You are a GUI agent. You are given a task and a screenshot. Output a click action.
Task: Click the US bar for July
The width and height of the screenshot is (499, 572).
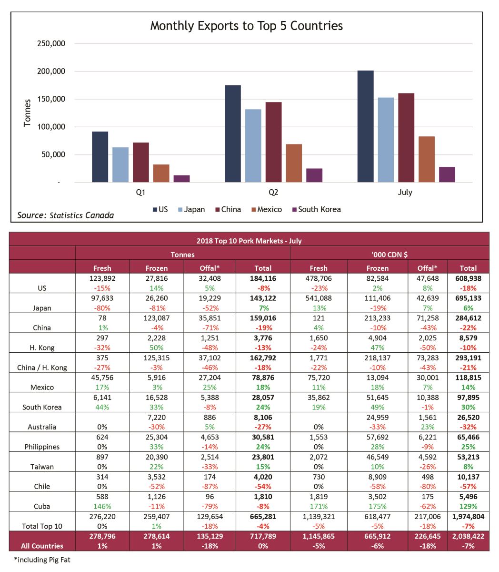[365, 126]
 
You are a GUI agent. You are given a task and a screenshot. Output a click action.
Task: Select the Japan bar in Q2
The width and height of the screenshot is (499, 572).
[253, 146]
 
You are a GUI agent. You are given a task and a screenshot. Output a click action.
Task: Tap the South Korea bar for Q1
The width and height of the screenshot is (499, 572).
[181, 179]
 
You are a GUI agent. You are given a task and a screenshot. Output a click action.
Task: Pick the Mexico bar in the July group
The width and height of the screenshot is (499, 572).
[427, 159]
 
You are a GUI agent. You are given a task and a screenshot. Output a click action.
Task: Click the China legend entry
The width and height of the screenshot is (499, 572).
[228, 209]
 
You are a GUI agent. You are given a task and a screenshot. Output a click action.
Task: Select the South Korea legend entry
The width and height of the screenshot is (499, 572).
[316, 209]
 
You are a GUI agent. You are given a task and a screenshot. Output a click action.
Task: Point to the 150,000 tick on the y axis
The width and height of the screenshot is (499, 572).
[51, 99]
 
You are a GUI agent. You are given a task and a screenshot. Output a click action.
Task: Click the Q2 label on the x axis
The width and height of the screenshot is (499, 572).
[273, 193]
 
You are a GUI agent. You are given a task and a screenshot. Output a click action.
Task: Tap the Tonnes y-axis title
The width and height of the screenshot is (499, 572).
[27, 113]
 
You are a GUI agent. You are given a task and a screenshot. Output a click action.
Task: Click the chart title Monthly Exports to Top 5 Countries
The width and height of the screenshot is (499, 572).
[246, 26]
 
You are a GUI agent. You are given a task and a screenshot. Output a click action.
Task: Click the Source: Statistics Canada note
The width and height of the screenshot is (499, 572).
[66, 215]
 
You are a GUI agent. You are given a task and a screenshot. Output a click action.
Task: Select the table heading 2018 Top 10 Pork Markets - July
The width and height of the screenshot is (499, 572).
[249, 241]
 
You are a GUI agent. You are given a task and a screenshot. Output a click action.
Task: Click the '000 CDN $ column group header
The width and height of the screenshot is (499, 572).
[389, 255]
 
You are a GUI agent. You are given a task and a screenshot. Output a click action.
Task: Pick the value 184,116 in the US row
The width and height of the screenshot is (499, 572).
[263, 278]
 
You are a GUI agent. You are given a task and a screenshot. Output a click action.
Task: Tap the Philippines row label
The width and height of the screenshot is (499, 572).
[42, 447]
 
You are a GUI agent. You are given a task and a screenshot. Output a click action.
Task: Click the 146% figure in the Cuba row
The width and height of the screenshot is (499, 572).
[102, 506]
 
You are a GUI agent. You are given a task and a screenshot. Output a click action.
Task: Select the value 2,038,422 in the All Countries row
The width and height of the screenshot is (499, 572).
[468, 536]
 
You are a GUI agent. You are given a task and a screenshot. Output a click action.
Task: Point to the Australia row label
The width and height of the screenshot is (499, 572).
[42, 427]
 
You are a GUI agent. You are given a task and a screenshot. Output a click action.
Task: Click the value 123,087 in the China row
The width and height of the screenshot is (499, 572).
[156, 318]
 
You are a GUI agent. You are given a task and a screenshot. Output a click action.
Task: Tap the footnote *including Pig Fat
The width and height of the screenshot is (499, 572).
[42, 560]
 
